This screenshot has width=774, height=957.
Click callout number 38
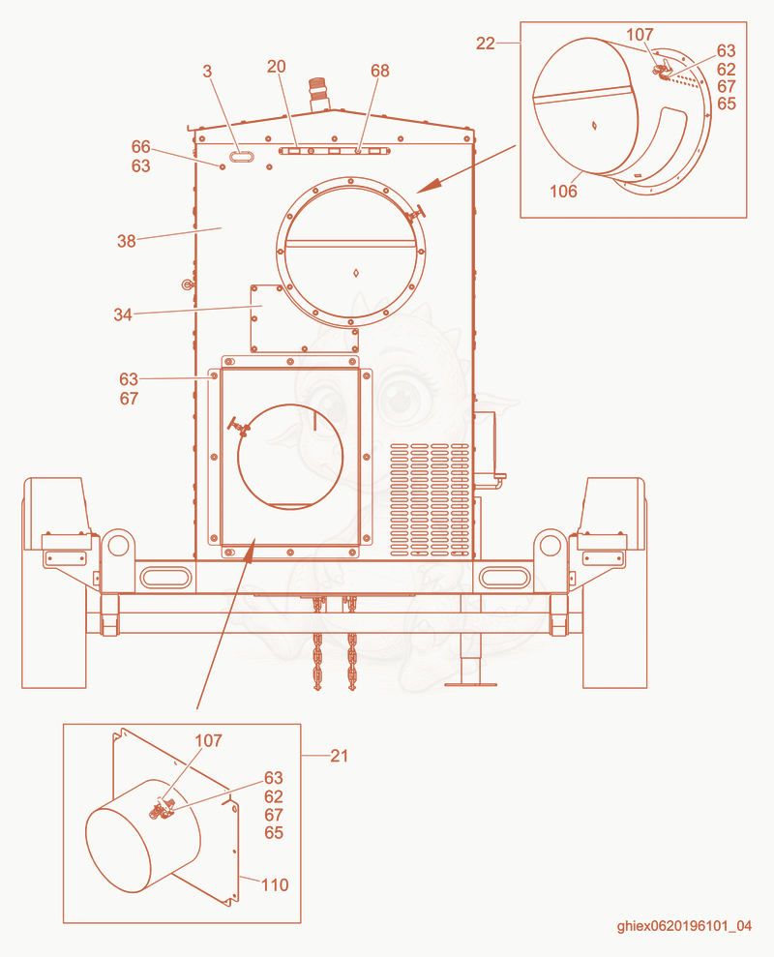(x=127, y=241)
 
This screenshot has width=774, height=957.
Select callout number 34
(x=123, y=314)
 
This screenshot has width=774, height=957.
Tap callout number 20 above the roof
(x=276, y=67)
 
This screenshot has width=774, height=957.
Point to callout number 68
(x=379, y=71)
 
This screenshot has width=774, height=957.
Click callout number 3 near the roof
(x=208, y=72)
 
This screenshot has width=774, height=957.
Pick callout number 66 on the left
(x=141, y=146)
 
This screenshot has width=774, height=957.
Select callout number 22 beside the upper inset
(x=486, y=44)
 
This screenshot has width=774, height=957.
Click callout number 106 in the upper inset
(x=563, y=192)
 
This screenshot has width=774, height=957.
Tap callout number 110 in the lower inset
(x=275, y=885)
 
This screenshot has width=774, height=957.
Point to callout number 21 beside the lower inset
(x=339, y=756)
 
